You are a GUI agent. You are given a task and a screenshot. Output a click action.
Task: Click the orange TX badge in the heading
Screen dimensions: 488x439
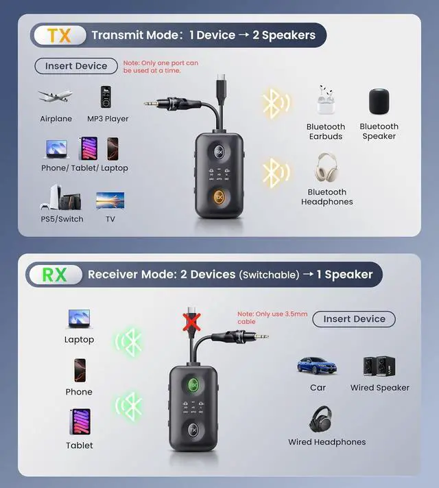[60, 35]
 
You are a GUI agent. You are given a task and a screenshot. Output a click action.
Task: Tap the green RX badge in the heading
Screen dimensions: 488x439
[55, 275]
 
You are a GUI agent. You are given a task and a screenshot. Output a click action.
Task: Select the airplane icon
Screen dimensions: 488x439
[56, 97]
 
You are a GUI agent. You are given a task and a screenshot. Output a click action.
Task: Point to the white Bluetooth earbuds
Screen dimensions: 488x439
[325, 101]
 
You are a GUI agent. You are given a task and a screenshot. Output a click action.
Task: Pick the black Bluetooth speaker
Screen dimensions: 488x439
[379, 102]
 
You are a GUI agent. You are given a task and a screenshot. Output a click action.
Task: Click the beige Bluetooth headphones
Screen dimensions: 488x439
[327, 169]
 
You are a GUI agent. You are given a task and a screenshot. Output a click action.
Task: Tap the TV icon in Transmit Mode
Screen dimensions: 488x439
[110, 200]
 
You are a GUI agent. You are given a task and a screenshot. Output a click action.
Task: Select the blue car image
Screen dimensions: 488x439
[317, 365]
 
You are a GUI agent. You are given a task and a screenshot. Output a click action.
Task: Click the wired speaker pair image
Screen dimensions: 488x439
[379, 367]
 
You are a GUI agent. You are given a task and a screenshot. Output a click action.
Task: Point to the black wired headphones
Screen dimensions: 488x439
[320, 419]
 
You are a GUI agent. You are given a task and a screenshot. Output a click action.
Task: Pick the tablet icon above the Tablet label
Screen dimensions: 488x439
[80, 421]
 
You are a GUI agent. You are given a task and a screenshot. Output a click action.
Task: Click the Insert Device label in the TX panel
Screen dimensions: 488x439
[76, 66]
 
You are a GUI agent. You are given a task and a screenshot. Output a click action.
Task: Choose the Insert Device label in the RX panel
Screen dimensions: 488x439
[354, 318]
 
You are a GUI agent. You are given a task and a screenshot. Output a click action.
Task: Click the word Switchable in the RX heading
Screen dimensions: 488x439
[269, 275]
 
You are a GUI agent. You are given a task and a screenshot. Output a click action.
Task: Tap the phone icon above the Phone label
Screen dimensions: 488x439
[79, 371]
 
